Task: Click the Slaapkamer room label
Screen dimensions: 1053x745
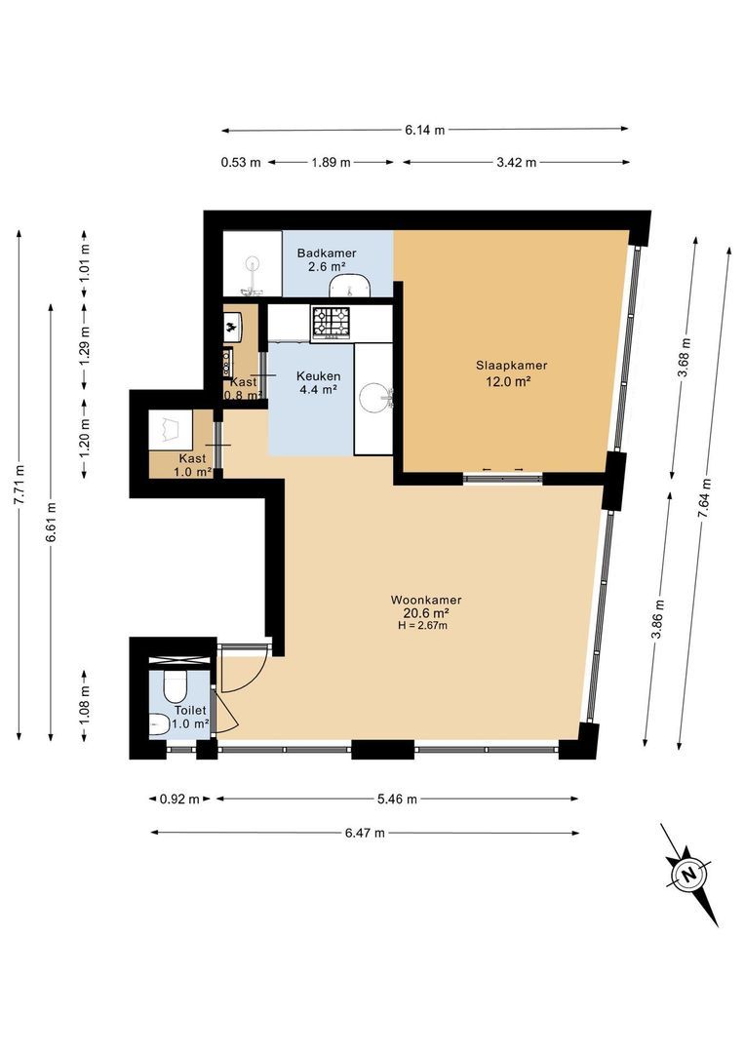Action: pos(511,366)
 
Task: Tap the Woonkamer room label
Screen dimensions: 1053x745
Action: pos(425,600)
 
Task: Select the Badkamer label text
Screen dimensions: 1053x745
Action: pos(327,253)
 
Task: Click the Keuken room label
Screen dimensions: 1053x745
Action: pos(318,374)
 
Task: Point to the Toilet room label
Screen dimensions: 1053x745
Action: pos(190,712)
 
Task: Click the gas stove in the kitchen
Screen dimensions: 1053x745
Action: pos(332,323)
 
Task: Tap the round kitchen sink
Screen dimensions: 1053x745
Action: pos(374,397)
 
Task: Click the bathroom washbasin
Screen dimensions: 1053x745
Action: pos(349,285)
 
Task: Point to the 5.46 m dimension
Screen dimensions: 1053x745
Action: pos(397,799)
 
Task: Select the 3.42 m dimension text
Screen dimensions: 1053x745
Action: pos(517,163)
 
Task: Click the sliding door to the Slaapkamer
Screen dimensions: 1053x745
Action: pos(502,477)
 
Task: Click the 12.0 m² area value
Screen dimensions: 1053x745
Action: pos(508,382)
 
